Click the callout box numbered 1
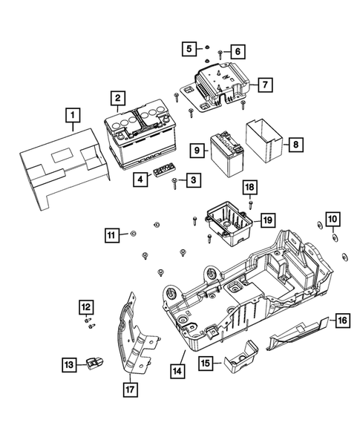pos(72,115)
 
